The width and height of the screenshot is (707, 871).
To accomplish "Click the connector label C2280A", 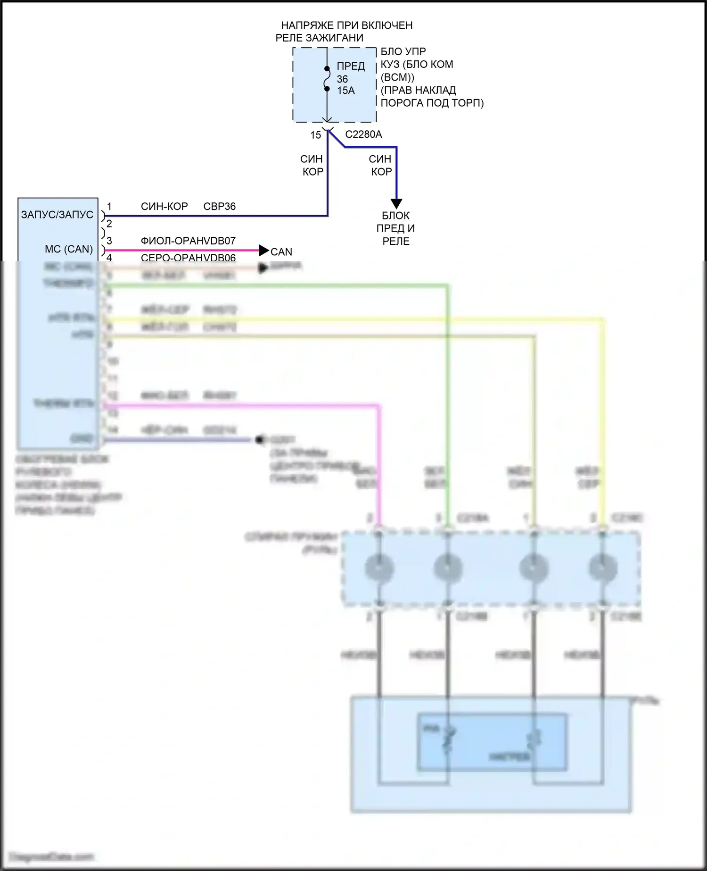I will pos(363,134).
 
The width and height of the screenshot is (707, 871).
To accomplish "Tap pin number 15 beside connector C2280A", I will pos(315,135).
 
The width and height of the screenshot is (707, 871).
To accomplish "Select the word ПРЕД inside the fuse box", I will pos(351,67).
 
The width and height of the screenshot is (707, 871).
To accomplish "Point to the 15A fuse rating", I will pos(346,91).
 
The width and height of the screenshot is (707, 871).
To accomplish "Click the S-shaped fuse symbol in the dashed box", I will pos(326,78).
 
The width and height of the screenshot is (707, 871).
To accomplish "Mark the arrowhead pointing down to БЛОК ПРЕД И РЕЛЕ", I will pos(396,203).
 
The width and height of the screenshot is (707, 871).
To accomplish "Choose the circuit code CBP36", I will pos(219,207).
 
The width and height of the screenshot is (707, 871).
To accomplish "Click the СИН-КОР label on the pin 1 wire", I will pos(164,207).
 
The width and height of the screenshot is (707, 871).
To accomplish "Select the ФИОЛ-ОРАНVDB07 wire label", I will pos(188,241).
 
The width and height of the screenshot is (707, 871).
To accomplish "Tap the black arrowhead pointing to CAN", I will pos(264,251).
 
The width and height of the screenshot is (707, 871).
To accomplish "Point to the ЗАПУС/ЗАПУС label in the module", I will pos(57,215).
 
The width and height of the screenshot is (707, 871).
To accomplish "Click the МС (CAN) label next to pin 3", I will pos(69,249).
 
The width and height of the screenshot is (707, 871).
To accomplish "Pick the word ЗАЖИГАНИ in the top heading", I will pos(334,38).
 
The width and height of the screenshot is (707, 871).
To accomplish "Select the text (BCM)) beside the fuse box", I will pos(397,77).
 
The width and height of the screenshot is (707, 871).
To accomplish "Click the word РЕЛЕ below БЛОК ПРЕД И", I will pos(396,242).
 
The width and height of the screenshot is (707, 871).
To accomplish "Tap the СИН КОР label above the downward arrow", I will pos(381,165).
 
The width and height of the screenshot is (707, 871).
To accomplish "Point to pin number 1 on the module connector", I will pos(109,207).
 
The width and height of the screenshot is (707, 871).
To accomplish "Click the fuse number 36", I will pos(343,79).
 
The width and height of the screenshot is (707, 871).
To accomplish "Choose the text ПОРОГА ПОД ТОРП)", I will pos(432,103).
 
